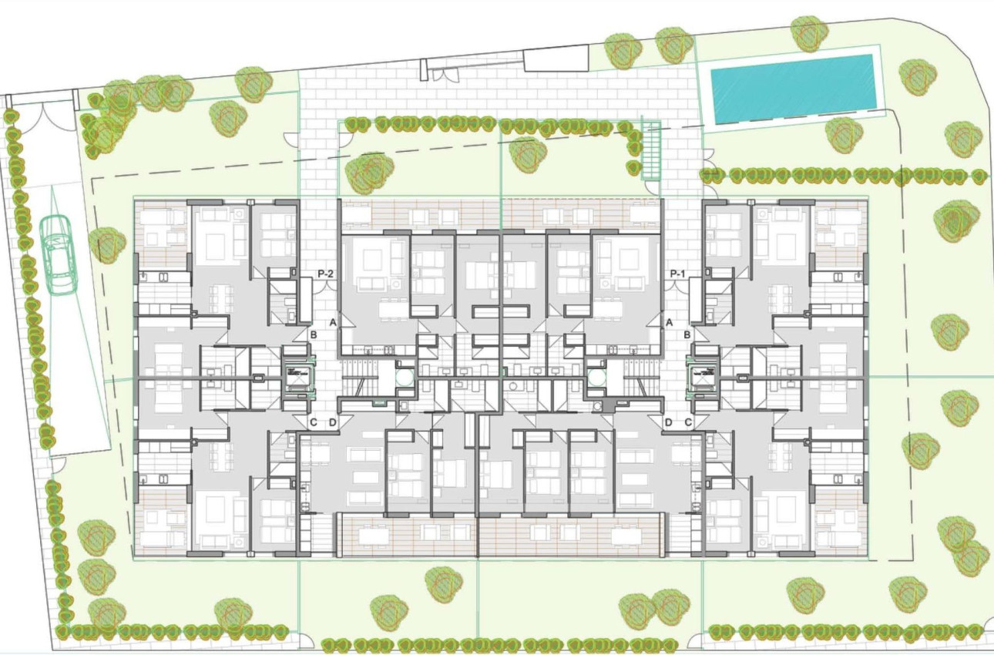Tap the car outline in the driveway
pos(59,254)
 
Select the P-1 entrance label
pos(678,274)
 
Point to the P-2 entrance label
pos(326,274)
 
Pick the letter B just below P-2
pos(314,335)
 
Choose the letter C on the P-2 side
pos(314,422)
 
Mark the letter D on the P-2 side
pos(333,422)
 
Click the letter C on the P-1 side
pos(688,422)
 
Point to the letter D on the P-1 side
pos(669,422)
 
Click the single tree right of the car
pos(106,245)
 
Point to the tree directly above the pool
pos(809,33)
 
